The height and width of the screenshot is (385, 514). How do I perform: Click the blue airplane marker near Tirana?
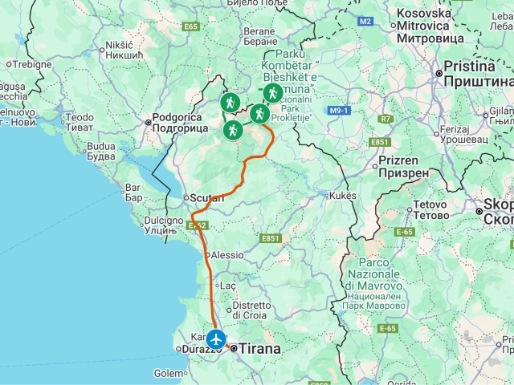click(214, 338)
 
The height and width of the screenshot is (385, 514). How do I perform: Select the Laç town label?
click(228, 285)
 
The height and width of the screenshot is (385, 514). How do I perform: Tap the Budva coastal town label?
click(101, 152)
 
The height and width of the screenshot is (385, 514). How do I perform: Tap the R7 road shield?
click(386, 119)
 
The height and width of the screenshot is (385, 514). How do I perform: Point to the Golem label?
click(169, 373)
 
